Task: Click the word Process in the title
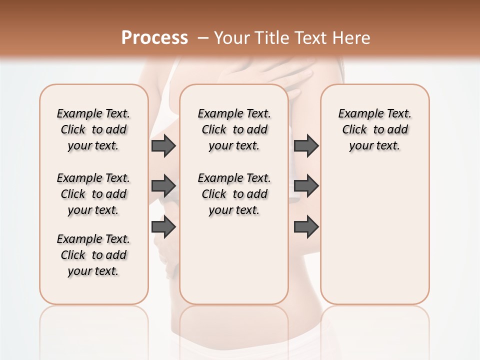(154, 37)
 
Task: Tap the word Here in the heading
(351, 38)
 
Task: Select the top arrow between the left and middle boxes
(163, 146)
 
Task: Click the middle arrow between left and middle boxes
(163, 186)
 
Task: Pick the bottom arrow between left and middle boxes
(163, 226)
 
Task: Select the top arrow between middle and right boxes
(306, 146)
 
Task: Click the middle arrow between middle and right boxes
(306, 186)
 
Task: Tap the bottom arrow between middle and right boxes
(306, 226)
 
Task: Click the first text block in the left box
(93, 129)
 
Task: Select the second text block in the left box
(93, 194)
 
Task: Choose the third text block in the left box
(93, 255)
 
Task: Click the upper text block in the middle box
(234, 129)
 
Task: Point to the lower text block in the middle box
(234, 194)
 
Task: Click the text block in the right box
(375, 129)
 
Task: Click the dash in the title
(203, 38)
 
